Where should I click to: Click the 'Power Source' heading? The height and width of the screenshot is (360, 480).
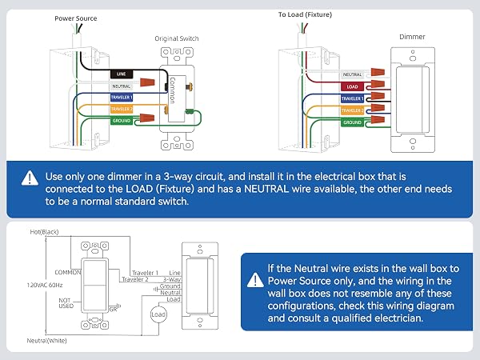pyautogui.click(x=76, y=18)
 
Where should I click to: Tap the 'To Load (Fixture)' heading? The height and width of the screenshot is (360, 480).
pyautogui.click(x=305, y=14)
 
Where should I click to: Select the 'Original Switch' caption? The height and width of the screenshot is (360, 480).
pyautogui.click(x=177, y=38)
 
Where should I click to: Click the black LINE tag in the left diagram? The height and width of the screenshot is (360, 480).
pyautogui.click(x=122, y=74)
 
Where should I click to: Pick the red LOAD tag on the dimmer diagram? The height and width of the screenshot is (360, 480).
pyautogui.click(x=352, y=86)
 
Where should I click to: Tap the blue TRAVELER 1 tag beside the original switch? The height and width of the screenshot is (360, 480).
pyautogui.click(x=122, y=98)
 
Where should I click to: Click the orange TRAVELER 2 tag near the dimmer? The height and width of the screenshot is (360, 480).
pyautogui.click(x=352, y=110)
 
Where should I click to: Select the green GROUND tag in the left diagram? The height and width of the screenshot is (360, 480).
pyautogui.click(x=122, y=121)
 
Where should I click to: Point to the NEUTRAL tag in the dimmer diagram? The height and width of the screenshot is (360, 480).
pyautogui.click(x=352, y=74)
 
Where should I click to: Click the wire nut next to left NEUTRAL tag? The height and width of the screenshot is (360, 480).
pyautogui.click(x=147, y=82)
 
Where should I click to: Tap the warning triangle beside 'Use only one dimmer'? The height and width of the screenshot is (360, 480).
pyautogui.click(x=30, y=178)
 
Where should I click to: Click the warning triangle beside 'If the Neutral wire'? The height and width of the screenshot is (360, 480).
pyautogui.click(x=255, y=280)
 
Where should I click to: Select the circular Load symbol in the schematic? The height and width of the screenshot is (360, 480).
pyautogui.click(x=158, y=314)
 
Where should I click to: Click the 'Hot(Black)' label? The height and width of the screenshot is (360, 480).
pyautogui.click(x=44, y=232)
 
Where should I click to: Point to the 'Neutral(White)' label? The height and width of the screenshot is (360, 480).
pyautogui.click(x=46, y=341)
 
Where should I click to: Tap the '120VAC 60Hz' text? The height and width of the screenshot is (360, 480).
pyautogui.click(x=45, y=285)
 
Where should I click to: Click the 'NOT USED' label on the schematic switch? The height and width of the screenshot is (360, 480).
pyautogui.click(x=66, y=303)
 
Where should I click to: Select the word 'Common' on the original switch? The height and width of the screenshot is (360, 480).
pyautogui.click(x=172, y=90)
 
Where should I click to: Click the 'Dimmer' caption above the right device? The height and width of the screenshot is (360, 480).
pyautogui.click(x=412, y=37)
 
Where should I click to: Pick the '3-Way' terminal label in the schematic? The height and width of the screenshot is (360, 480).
pyautogui.click(x=172, y=279)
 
